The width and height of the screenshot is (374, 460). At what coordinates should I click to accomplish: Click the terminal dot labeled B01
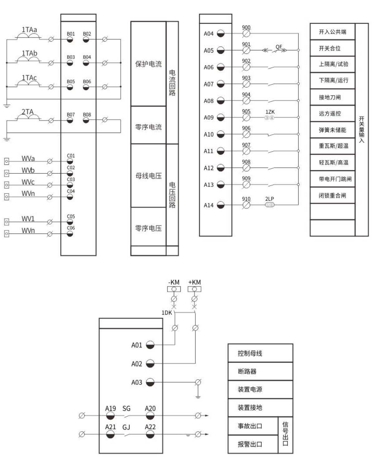point(70,40)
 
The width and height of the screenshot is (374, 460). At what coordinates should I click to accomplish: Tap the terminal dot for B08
point(86,120)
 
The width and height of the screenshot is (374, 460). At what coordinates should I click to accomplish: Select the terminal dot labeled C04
point(70,196)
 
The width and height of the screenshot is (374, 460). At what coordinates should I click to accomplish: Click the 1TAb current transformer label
point(29,53)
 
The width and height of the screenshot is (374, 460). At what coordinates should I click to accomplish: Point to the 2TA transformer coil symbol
point(28,117)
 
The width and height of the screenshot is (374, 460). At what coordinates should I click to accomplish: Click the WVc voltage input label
point(28,182)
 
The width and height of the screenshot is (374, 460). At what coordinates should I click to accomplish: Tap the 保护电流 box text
point(148,64)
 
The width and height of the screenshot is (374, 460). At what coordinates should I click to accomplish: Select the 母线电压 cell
point(148,176)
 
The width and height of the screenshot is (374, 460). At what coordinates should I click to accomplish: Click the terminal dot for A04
point(221,34)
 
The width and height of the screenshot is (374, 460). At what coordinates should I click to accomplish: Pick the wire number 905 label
point(246,111)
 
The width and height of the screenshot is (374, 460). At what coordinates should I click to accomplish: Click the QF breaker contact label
point(279,47)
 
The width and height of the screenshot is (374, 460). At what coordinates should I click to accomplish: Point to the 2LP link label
point(270,199)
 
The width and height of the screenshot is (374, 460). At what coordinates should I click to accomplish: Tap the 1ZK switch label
point(270,112)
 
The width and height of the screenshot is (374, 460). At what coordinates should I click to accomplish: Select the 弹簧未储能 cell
point(332,130)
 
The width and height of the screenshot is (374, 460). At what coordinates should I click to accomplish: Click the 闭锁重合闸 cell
point(332,196)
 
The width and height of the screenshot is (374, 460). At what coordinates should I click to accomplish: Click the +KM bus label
point(194,282)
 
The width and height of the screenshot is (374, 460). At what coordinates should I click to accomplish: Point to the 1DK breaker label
point(167,312)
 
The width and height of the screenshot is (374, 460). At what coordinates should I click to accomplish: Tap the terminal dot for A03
point(150,382)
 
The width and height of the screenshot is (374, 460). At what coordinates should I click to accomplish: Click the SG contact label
point(127,409)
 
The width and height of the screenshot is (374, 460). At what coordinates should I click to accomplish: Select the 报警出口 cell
point(250,444)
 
